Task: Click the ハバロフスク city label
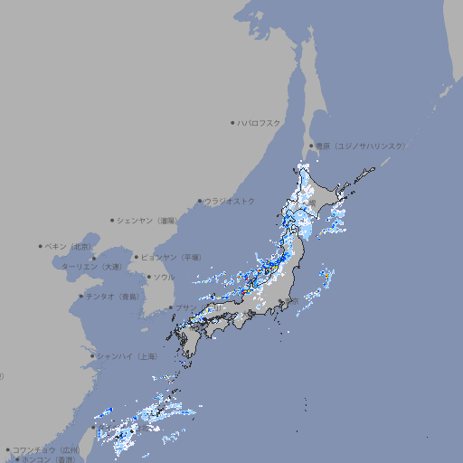(260, 123)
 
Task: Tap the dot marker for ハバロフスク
(233, 123)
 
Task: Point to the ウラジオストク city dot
(201, 201)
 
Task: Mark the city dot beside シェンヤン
(113, 220)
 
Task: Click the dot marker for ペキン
(42, 246)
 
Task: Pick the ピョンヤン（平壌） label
(173, 257)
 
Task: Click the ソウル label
(164, 277)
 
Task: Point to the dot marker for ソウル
(147, 277)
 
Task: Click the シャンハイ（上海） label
(128, 356)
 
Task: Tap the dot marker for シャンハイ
(92, 356)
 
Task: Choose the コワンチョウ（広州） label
(46, 449)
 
